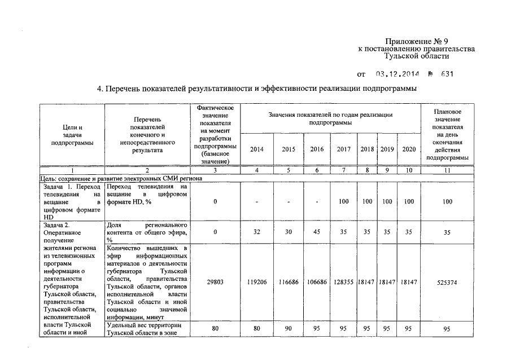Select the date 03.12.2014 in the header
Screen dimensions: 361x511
point(395,74)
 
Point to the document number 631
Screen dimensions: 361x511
point(447,74)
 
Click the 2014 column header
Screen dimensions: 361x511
point(256,149)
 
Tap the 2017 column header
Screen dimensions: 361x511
point(344,149)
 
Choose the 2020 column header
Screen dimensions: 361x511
point(408,149)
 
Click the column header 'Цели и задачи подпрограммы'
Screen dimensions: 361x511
point(72,135)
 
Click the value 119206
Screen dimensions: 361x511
point(256,282)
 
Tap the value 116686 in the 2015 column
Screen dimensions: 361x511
point(289,282)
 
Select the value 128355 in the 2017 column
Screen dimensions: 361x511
point(344,282)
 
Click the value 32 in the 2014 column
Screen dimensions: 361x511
point(256,232)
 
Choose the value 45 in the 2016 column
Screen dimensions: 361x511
point(317,232)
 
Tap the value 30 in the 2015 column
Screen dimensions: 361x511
point(289,232)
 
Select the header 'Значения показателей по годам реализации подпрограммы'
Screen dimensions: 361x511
point(330,118)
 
